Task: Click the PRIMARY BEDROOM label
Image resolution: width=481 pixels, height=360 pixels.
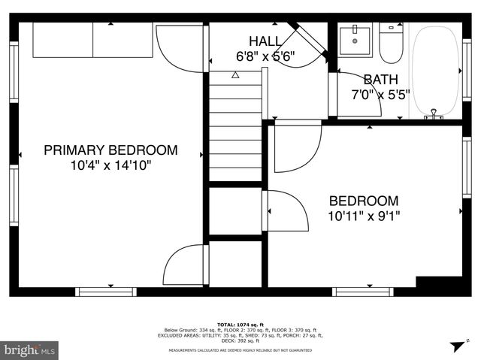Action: [x=110, y=150]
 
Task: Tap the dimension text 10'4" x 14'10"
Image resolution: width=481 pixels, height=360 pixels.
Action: [x=110, y=165]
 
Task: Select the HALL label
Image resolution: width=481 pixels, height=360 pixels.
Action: [x=266, y=41]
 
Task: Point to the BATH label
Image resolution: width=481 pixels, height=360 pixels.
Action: [x=380, y=80]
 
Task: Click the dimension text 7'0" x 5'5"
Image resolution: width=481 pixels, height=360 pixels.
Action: [x=380, y=95]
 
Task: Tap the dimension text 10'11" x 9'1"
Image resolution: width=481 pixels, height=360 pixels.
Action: [x=363, y=216]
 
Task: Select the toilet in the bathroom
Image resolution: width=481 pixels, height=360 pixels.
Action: [x=390, y=44]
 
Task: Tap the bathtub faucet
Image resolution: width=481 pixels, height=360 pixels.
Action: [x=433, y=115]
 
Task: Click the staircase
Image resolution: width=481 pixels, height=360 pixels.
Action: [x=235, y=124]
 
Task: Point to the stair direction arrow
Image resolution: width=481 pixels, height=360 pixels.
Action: [x=235, y=75]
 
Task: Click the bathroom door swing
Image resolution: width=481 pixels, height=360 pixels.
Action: [x=358, y=93]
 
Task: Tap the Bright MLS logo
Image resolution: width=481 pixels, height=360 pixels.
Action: [x=30, y=349]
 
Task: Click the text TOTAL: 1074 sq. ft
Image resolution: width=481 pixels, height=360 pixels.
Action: [x=240, y=324]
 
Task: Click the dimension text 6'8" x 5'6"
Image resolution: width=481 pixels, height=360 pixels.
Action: [x=266, y=56]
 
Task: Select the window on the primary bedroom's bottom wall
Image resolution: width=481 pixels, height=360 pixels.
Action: [x=110, y=291]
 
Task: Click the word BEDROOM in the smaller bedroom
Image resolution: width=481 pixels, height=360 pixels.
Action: [x=363, y=201]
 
